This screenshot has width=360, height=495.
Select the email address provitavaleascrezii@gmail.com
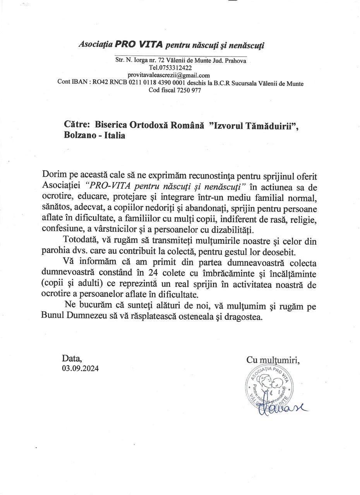(x=169, y=75)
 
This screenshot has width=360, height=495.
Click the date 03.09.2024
(x=80, y=368)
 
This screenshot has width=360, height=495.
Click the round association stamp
(x=269, y=388)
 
